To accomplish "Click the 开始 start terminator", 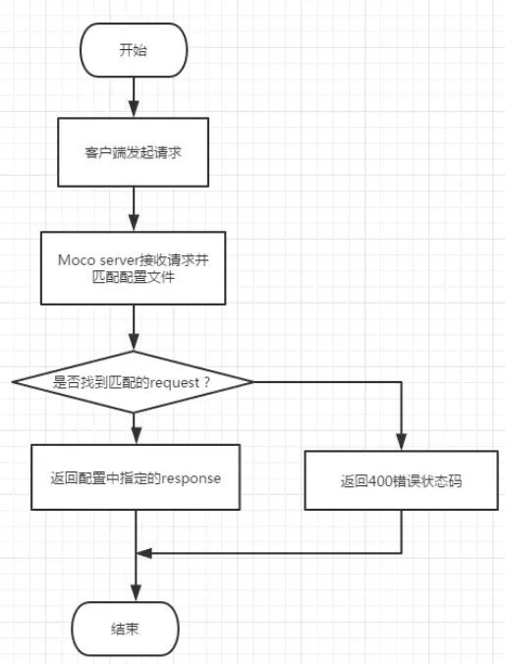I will [x=134, y=51].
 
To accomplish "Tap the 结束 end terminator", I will [x=127, y=627].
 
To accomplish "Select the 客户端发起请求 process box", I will [x=134, y=153].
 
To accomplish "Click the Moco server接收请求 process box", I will [x=134, y=268].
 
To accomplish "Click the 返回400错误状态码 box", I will [x=402, y=481].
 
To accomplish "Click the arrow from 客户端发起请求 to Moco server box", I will [x=134, y=208].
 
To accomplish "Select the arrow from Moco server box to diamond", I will [x=134, y=327].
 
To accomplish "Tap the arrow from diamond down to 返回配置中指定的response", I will [x=134, y=426].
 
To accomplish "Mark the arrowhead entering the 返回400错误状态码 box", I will [x=402, y=444].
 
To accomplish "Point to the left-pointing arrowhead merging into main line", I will [x=143, y=553].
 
